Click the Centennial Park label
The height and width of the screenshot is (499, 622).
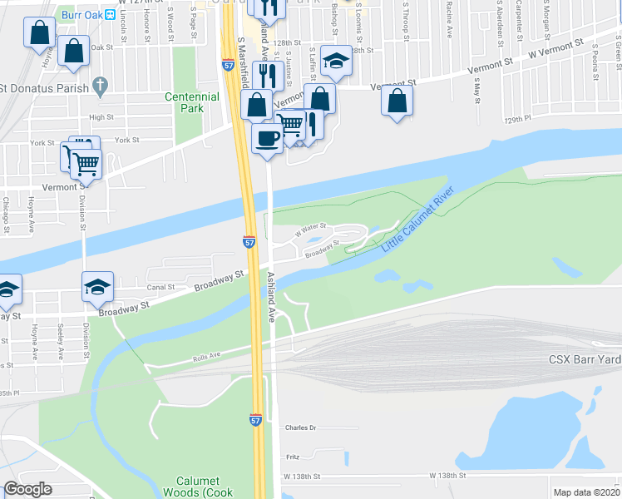click(x=192, y=102)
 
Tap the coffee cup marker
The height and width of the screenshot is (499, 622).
click(x=267, y=138)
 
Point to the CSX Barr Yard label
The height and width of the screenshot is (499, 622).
click(x=584, y=359)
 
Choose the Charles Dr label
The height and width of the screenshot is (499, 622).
click(x=302, y=427)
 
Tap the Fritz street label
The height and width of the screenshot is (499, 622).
click(x=293, y=457)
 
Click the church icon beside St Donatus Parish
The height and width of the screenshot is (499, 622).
click(x=101, y=85)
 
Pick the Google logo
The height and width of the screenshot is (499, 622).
click(x=28, y=489)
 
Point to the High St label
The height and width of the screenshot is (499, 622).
click(x=101, y=117)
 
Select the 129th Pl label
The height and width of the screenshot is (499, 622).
click(x=516, y=120)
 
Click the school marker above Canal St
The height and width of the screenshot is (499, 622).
click(x=97, y=287)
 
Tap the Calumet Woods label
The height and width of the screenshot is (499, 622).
click(x=197, y=487)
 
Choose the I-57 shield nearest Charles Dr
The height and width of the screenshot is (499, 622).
click(x=256, y=421)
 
